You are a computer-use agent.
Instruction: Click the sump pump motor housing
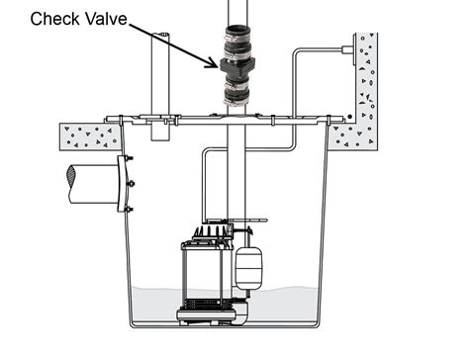[x=203, y=275]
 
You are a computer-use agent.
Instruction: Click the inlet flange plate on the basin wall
[x=123, y=184]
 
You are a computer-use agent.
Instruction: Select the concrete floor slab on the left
[x=87, y=135]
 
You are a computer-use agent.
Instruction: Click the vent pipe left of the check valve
[x=159, y=74]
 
